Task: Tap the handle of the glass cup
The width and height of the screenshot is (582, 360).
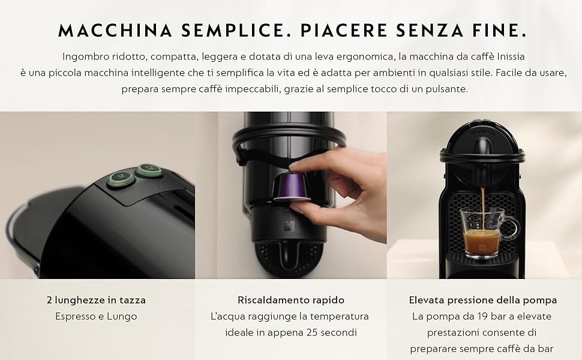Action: tap(511, 228)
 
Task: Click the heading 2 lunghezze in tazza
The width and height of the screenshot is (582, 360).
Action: tap(96, 300)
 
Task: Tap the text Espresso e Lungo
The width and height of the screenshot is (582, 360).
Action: tap(96, 316)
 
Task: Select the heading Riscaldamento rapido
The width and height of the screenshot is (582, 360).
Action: tap(291, 300)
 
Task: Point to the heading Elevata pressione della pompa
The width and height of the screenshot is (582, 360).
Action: tap(483, 300)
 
